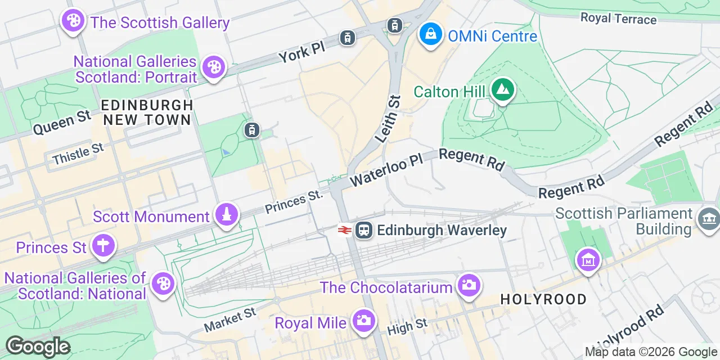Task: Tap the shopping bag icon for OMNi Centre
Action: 430,35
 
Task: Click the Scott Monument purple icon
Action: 226,215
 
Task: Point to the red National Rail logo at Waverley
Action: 345,230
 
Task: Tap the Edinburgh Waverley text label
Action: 442,230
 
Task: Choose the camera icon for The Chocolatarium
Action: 468,286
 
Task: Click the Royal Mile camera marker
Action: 363,321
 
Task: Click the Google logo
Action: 38,346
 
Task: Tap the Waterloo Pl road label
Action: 386,170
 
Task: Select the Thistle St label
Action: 78,154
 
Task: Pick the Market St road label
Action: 229,319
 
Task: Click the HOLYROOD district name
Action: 543,299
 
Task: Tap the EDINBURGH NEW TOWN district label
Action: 147,112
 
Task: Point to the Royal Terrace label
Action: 618,19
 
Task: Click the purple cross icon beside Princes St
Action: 103,246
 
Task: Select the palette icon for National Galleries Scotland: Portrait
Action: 213,67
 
